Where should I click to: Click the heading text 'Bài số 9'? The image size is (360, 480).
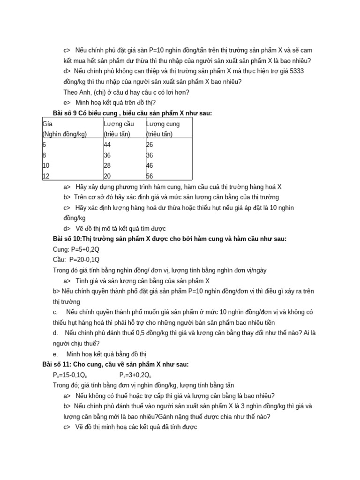coord(66,113)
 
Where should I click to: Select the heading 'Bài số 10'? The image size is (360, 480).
coord(67,239)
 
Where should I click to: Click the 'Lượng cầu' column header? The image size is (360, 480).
coord(119,124)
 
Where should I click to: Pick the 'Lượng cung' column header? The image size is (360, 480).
coord(163,124)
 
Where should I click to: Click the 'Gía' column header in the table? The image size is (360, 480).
coord(47,124)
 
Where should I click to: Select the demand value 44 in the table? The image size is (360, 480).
coord(107,145)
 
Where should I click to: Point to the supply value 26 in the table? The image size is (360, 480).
coord(150,145)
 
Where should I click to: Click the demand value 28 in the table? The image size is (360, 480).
coord(107,165)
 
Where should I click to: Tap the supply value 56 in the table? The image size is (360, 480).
coord(150,176)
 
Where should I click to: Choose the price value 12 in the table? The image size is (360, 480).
coord(46,176)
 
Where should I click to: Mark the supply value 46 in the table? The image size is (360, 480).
coord(150,165)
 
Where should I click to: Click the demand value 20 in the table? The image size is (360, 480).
coord(107,176)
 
